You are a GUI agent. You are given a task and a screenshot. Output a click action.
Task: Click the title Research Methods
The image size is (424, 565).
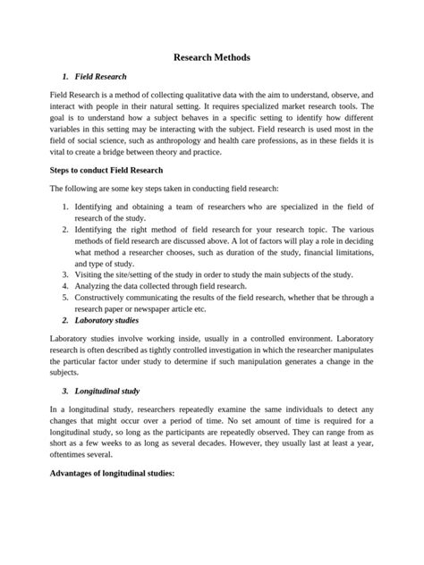pyautogui.click(x=212, y=57)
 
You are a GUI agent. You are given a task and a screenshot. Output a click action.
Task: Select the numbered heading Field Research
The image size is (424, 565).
pyautogui.click(x=101, y=77)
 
